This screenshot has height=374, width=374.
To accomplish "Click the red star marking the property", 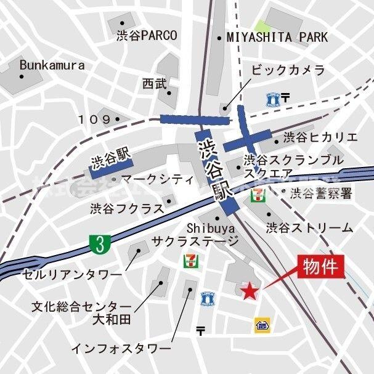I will pyautogui.click(x=249, y=291).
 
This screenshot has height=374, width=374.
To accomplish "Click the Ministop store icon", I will pyautogui.click(x=261, y=325).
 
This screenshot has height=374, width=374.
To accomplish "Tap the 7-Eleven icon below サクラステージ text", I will pyautogui.click(x=187, y=261).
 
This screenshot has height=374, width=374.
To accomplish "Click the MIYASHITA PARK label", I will pyautogui.click(x=277, y=38).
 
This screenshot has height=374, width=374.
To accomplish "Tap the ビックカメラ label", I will pyautogui.click(x=288, y=70).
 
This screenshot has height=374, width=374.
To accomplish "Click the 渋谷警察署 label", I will pyautogui.click(x=321, y=193).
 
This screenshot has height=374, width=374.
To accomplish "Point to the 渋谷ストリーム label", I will pyautogui.click(x=310, y=227).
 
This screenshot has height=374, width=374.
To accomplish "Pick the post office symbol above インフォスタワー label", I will pyautogui.click(x=201, y=331).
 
